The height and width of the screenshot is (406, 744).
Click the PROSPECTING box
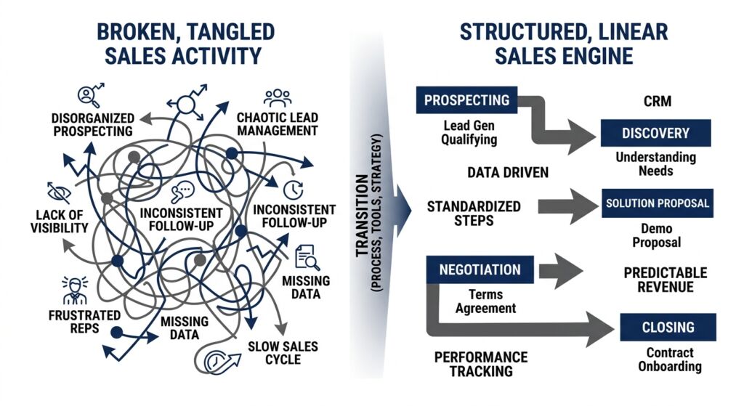click(x=466, y=100)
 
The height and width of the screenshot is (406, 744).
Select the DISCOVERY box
click(x=655, y=133)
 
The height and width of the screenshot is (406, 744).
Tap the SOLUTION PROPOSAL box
click(x=658, y=203)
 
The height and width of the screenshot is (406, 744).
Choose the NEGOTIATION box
click(x=480, y=269)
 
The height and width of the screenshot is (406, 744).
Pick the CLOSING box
click(x=668, y=327)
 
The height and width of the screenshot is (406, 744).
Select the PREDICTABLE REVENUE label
click(x=665, y=280)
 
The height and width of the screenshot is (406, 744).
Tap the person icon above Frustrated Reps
click(x=74, y=290)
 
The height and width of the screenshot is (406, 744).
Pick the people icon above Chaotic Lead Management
click(x=277, y=97)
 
